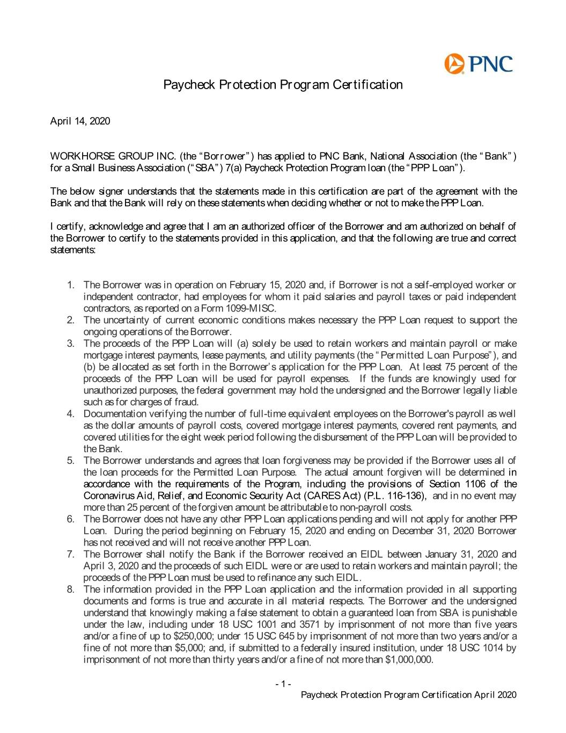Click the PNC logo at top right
click(x=478, y=64)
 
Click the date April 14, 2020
click(x=80, y=121)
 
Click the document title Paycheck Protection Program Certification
click(x=283, y=85)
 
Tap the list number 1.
click(x=70, y=285)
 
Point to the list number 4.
click(x=70, y=413)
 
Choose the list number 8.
click(x=70, y=589)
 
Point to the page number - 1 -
click(x=283, y=684)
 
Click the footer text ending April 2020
click(x=409, y=695)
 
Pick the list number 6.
click(x=70, y=519)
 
